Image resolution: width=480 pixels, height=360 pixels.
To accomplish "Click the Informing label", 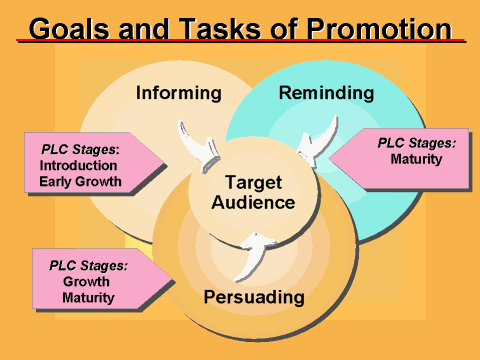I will (x=178, y=94).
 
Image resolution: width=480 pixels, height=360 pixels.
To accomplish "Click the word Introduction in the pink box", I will (x=81, y=165).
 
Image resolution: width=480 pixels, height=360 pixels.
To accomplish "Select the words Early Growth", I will (x=81, y=182).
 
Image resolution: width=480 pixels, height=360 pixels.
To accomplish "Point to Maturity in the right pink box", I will (x=417, y=159).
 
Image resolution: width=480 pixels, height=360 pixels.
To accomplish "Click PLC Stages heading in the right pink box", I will (x=417, y=143).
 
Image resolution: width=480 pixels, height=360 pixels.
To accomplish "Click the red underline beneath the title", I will (x=240, y=41).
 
